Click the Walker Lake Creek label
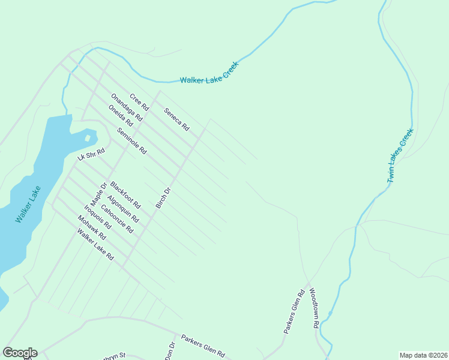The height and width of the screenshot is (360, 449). tap(209, 73)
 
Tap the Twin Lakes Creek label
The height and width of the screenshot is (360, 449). tap(400, 155)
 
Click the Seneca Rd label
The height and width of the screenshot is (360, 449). tap(176, 119)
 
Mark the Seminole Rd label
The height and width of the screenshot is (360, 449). tap(131, 142)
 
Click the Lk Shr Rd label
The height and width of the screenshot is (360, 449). tap(91, 154)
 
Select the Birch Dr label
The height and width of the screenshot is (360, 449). tap(163, 198)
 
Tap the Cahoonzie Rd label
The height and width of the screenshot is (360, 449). tap(117, 219)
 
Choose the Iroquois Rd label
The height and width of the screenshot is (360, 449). tap(98, 217)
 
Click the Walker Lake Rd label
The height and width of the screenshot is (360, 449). tap(95, 245)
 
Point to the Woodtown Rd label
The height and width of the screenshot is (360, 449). tap(313, 308)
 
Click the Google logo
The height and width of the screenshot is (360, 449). tap(20, 353)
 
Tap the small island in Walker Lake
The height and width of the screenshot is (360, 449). tap(88, 138)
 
